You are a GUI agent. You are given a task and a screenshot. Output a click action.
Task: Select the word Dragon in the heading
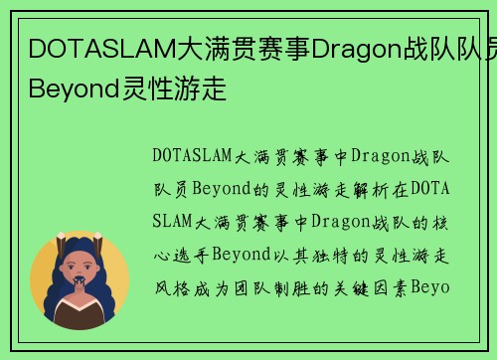pyautogui.click(x=356, y=47)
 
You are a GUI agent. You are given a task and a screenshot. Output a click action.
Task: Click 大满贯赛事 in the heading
pyautogui.click(x=233, y=47)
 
